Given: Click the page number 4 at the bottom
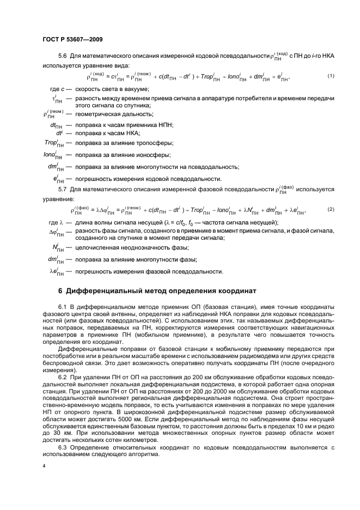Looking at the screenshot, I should pyautogui.click(x=44, y=466).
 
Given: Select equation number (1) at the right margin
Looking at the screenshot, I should pyautogui.click(x=331, y=75).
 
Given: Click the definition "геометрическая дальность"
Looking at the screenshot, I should pyautogui.click(x=115, y=114).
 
